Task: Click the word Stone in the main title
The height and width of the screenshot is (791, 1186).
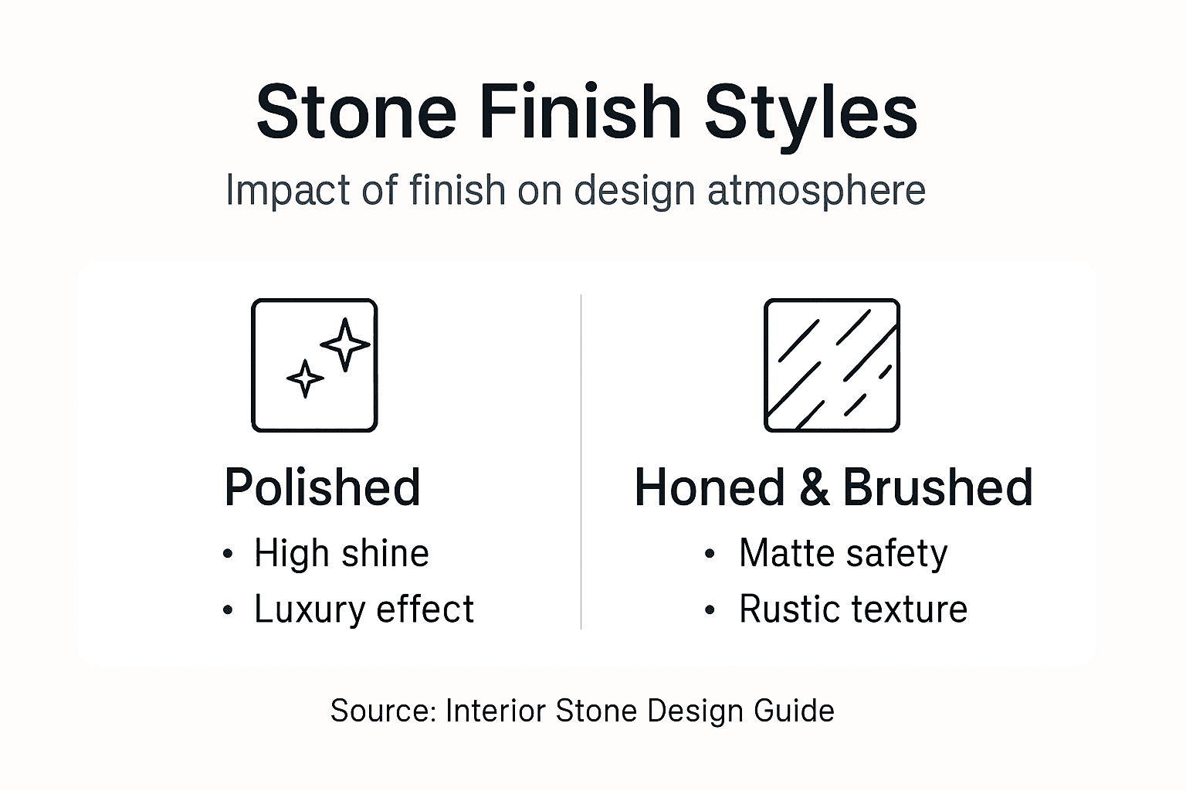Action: (356, 112)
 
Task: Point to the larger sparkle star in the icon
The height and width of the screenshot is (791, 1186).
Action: (345, 344)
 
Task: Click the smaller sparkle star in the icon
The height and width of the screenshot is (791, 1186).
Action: (305, 379)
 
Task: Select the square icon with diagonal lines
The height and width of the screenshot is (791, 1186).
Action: (832, 365)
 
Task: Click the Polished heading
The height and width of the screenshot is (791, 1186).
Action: (322, 487)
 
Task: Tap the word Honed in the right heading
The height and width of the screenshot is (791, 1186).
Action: (709, 487)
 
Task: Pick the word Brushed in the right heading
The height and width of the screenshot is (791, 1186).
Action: (937, 487)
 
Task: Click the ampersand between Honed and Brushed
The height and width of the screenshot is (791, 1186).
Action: (814, 487)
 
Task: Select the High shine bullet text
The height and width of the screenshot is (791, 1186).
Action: (341, 553)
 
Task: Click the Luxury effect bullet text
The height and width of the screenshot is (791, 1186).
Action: (364, 609)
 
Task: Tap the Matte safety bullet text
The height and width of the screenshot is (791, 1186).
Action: (843, 553)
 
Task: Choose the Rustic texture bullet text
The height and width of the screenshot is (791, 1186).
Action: (853, 609)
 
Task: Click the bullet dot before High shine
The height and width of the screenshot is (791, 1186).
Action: (228, 554)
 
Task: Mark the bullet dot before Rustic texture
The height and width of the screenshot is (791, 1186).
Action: (710, 610)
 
